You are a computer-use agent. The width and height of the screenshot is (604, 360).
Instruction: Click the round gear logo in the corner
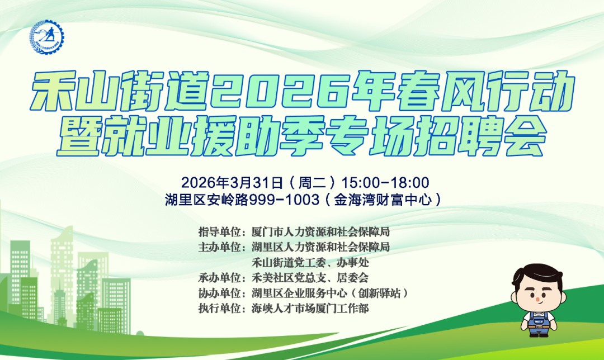[47, 37]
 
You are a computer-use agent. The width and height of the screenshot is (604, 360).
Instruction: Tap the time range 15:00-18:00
[385, 182]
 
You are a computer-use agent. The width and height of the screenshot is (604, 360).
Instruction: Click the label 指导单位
[220, 231]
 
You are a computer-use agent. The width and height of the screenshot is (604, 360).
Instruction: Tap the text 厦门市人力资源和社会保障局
[320, 231]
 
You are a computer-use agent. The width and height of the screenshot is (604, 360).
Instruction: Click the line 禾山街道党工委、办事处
[310, 262]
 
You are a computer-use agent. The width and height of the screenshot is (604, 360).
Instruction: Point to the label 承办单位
[220, 277]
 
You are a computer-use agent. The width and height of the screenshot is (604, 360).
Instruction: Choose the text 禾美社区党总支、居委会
[310, 277]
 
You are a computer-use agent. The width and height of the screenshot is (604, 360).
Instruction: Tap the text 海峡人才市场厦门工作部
[310, 308]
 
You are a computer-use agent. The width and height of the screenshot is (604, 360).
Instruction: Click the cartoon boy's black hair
[537, 274]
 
